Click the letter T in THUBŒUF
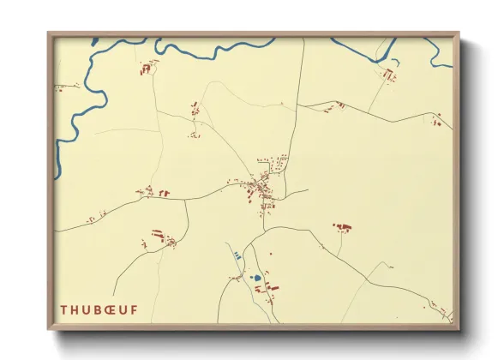tap(63, 309)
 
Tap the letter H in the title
tap(75, 309)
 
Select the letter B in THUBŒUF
tap(99, 309)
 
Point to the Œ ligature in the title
tap(113, 309)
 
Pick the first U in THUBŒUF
tap(87, 309)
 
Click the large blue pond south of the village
tap(255, 278)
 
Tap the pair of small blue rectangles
tap(237, 255)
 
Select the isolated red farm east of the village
tap(344, 227)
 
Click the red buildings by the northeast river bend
tap(388, 75)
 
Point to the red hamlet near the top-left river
tap(147, 66)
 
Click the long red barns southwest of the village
tap(159, 233)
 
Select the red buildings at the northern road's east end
tap(437, 121)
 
